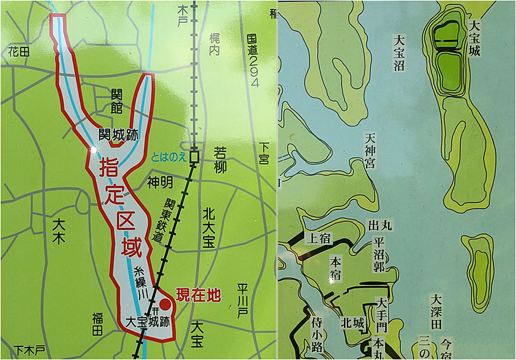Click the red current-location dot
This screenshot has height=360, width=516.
click(165, 304)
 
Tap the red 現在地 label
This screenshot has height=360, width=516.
click(198, 296)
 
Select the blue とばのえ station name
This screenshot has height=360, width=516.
click(169, 157)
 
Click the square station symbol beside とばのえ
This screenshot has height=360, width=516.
click(195, 156)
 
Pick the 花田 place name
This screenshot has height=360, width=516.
click(19, 51)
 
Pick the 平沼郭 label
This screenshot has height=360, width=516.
click(378, 255)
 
